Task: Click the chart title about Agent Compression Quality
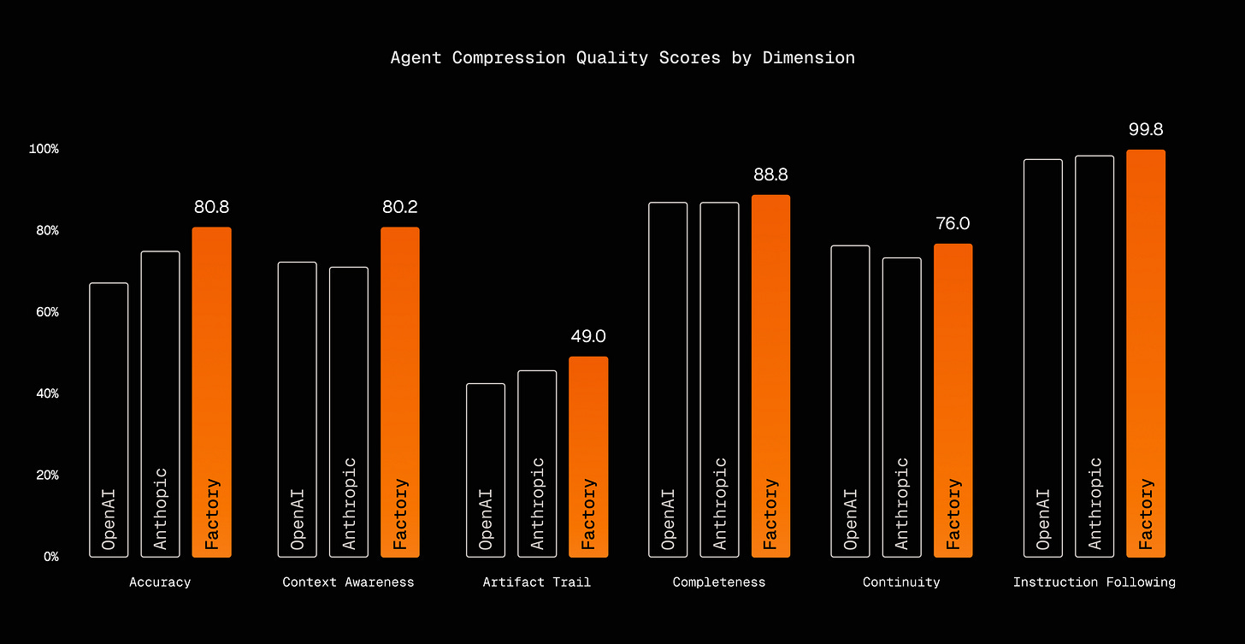622,58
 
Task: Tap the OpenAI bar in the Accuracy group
109,420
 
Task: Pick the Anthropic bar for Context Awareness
349,411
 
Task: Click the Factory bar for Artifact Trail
588,457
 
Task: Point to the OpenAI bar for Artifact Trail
486,470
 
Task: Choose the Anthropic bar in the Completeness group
719,380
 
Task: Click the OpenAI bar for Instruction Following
1043,358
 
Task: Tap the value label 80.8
211,207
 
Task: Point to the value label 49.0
588,337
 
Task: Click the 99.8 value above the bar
1146,130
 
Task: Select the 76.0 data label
953,224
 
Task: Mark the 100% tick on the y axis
44,150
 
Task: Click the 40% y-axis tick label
46,394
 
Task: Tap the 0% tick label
50,557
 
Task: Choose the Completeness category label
719,582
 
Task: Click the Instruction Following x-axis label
1094,582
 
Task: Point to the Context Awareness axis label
348,582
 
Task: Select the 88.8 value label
770,174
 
